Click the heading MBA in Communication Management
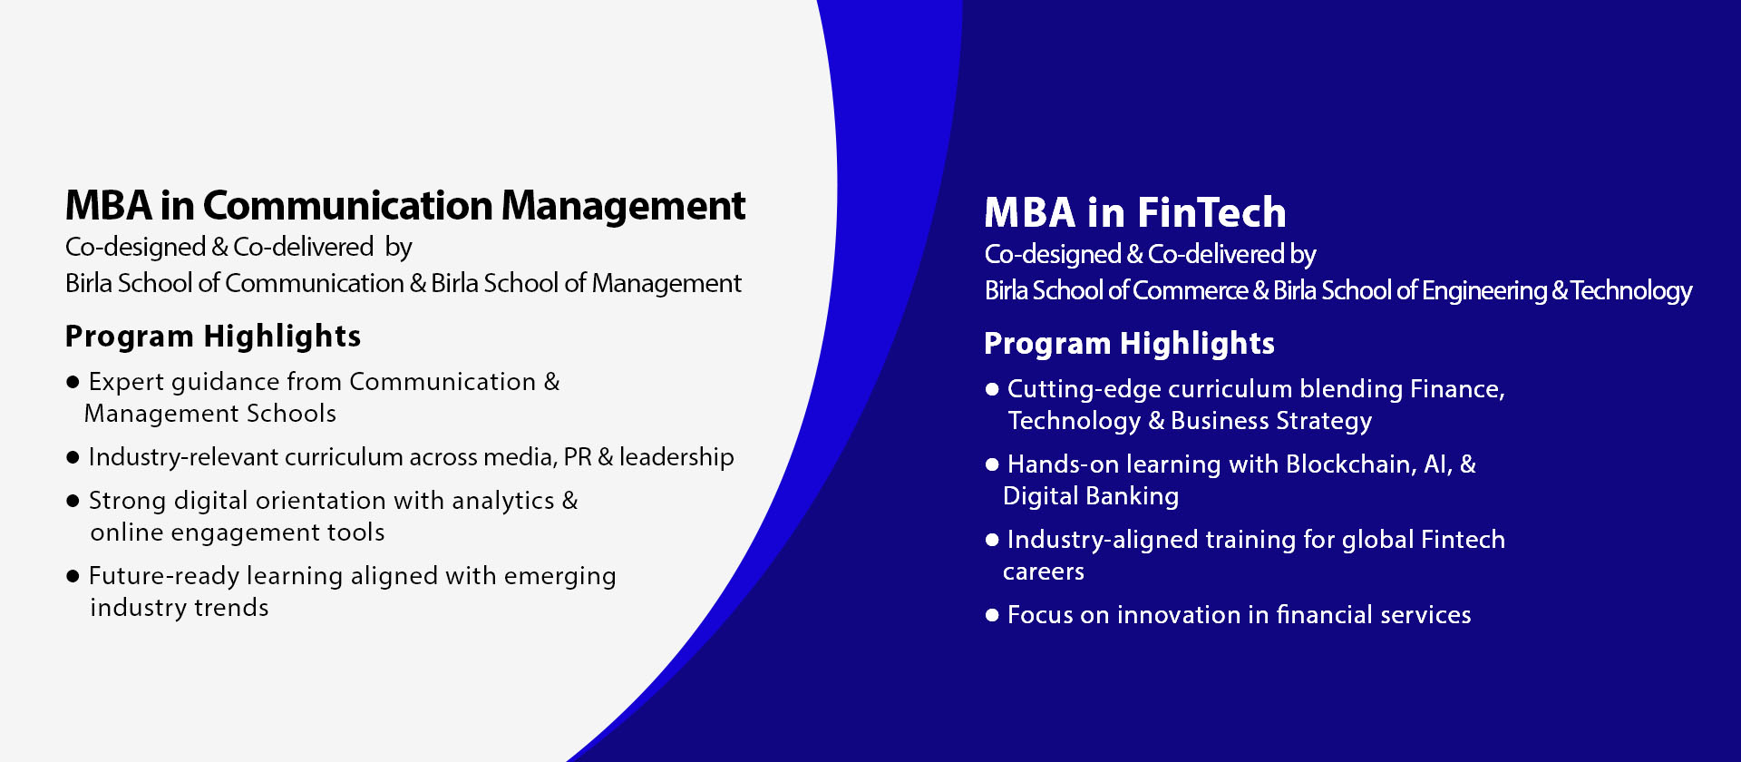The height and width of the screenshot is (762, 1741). pos(405,207)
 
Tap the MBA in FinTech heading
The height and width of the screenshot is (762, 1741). pos(1135,213)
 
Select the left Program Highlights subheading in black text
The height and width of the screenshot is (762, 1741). pos(213,337)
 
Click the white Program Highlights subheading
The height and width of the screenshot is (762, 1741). pos(1130,345)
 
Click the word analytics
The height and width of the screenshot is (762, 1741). pos(503,502)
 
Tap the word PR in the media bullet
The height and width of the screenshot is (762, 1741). pos(578,457)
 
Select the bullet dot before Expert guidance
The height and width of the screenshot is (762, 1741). pos(73,382)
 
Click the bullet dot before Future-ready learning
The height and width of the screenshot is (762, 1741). pos(73,576)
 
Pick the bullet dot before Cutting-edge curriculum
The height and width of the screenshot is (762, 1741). pos(992,389)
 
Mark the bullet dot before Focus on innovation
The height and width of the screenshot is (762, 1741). pos(992,615)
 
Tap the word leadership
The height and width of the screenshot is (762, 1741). pos(676,457)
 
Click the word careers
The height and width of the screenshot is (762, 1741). pos(1044,572)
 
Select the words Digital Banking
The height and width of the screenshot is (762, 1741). pos(1091,497)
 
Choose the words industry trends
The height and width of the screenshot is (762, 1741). pos(180,609)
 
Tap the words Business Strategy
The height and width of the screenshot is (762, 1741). pos(1271,422)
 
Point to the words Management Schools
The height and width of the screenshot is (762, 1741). pos(210,415)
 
